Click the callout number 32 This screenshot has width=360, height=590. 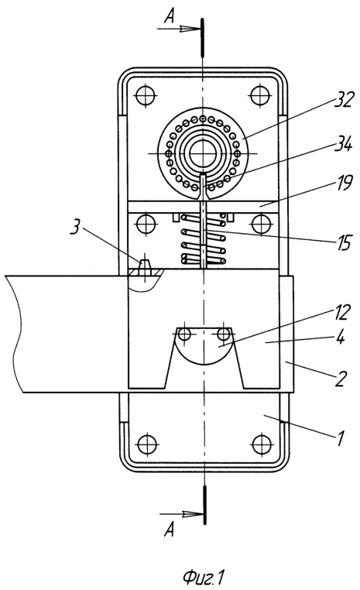coord(344,101)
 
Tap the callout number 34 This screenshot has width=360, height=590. coord(342,144)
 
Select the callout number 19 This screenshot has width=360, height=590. coord(343,184)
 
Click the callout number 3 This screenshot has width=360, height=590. coord(76,228)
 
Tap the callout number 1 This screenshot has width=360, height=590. coord(341,438)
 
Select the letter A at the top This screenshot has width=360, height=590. coord(170,16)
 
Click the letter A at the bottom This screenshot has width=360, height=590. coord(170,530)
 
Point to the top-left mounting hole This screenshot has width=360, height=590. coord(146,96)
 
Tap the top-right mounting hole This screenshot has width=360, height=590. coord(259,96)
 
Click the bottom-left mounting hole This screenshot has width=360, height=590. coord(146,444)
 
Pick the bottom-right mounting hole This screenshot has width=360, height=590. coord(262,444)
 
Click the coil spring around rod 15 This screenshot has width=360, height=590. coord(204,238)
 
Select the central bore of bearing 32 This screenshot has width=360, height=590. coord(203,153)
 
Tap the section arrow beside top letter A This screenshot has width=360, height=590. coord(178,29)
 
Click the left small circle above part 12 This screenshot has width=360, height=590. coord(184,334)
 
